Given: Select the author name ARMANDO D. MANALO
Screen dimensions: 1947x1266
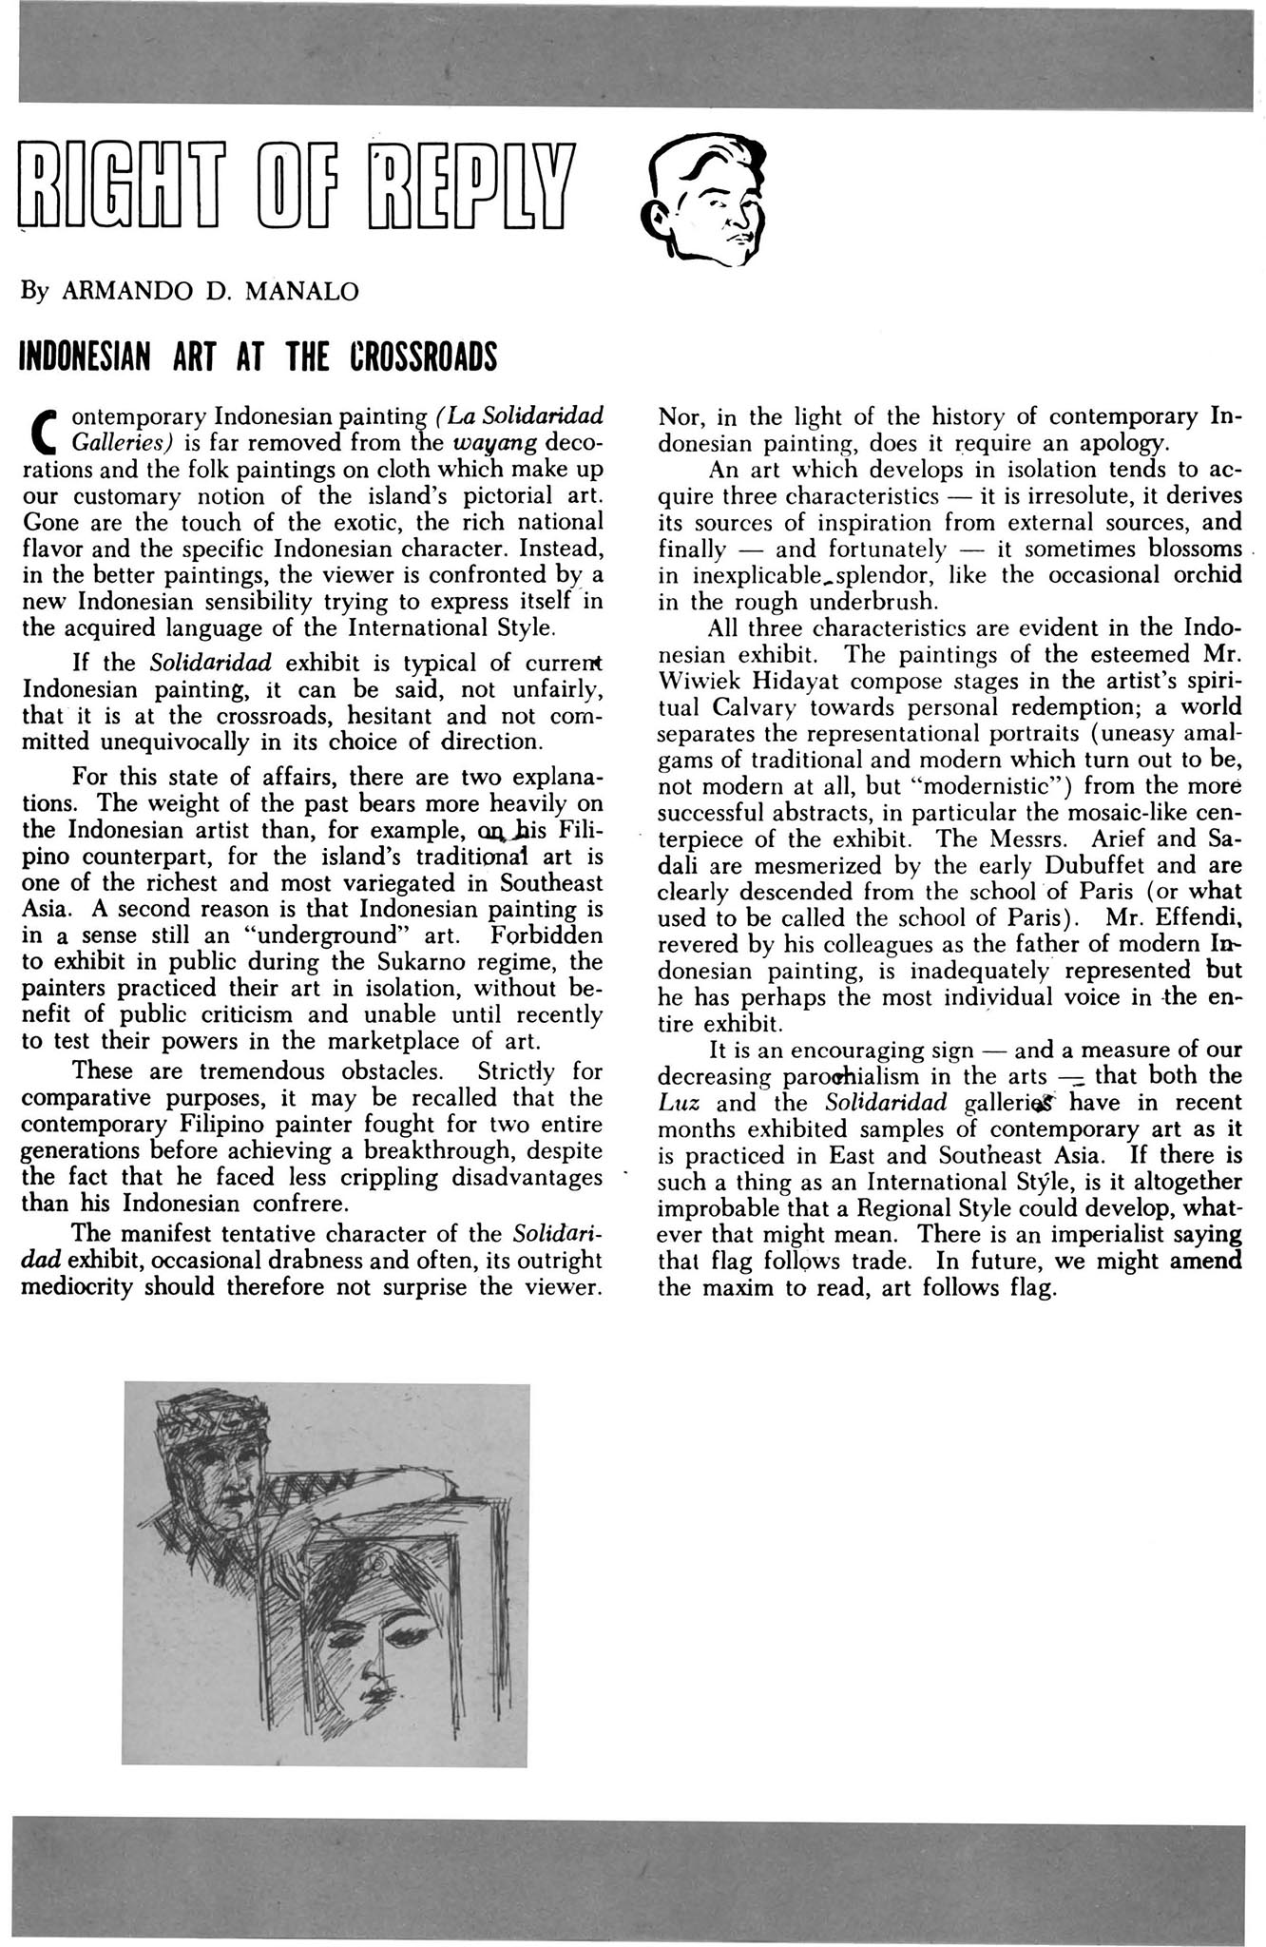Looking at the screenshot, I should tap(210, 292).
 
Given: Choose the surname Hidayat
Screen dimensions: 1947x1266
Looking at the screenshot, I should tap(813, 681).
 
